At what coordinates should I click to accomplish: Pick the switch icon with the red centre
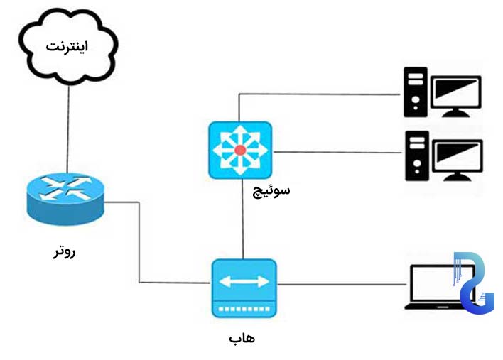point(240,150)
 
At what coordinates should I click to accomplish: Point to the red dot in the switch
point(240,150)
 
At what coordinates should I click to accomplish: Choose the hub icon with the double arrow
point(244,288)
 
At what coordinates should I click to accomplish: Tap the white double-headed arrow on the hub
point(244,282)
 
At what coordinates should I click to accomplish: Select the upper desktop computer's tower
point(415,92)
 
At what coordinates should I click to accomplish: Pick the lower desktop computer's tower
point(415,156)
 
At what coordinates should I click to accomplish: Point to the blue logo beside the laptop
point(474,283)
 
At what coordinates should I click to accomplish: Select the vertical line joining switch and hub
point(244,220)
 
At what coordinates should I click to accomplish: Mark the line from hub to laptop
point(341,285)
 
